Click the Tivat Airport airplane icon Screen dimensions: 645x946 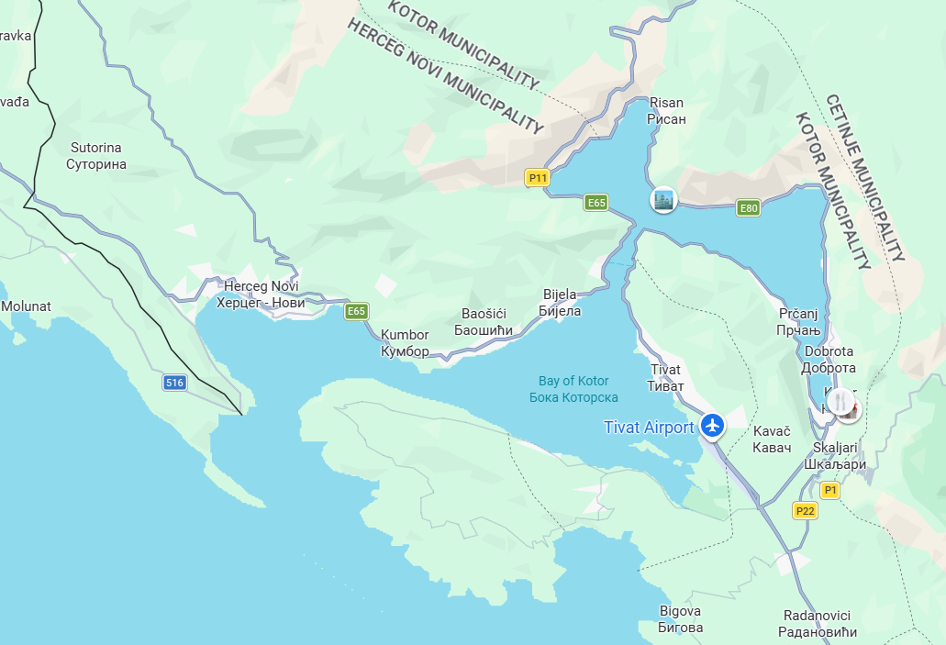712,426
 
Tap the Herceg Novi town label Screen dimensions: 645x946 262,295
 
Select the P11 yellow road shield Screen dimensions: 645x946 538,178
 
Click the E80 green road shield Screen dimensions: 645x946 749,208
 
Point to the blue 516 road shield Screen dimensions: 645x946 175,383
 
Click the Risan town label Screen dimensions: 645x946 667,111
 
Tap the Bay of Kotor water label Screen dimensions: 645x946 573,389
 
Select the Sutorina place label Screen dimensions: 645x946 96,156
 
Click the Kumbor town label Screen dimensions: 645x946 405,343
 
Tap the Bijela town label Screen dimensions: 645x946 562,303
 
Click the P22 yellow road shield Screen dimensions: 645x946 806,511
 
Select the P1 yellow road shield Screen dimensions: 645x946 829,491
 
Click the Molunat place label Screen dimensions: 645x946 26,306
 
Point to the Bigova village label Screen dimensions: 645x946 681,619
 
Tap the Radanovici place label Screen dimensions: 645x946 817,623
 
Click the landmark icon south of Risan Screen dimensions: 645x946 662,199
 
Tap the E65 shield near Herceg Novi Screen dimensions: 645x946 356,312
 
